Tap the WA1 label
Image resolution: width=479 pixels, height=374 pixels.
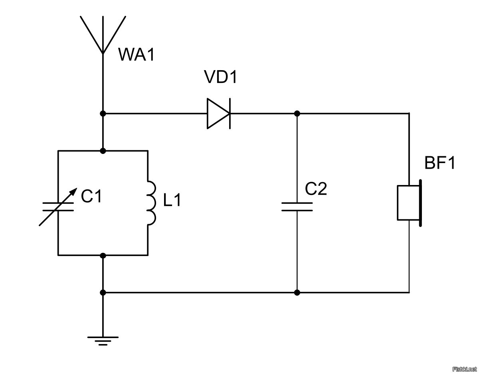(136, 55)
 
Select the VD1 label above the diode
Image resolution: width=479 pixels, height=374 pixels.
(220, 77)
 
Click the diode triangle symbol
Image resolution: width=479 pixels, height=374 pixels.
(218, 114)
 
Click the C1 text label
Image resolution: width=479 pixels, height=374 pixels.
(91, 196)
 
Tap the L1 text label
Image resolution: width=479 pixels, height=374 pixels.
(172, 201)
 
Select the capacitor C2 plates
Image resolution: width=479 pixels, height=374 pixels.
(297, 207)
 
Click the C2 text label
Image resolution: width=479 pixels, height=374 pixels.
(316, 189)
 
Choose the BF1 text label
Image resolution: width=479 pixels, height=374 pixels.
(439, 163)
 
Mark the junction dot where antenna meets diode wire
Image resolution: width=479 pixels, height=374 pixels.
(103, 114)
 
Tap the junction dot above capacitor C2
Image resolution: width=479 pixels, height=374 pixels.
(297, 114)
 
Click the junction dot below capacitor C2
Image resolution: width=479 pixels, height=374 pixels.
(297, 292)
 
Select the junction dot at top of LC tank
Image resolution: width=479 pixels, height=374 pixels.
(103, 151)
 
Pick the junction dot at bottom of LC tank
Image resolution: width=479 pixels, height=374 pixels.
(103, 255)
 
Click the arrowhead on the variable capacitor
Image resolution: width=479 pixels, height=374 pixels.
(74, 190)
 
